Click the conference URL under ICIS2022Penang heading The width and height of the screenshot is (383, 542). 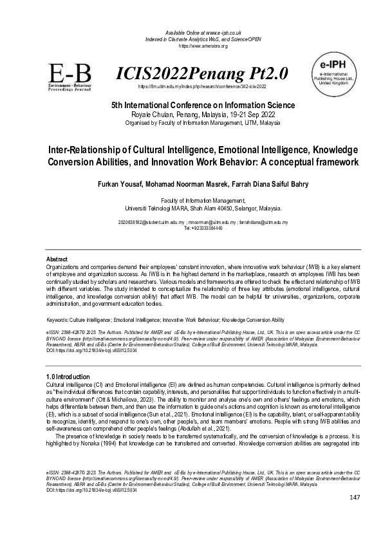point(203,86)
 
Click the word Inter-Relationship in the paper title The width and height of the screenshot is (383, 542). point(95,149)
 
